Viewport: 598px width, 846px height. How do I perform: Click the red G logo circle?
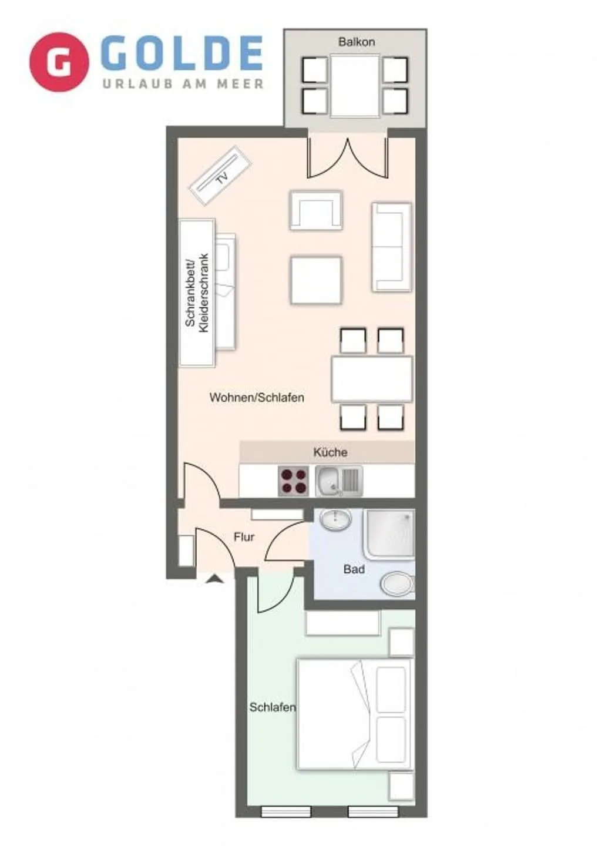[x=59, y=62]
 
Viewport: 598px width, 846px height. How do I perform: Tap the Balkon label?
[x=356, y=42]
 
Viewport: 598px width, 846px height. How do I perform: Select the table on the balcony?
[x=355, y=86]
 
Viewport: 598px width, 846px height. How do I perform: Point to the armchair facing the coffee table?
[x=316, y=210]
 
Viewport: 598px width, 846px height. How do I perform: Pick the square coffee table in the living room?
[x=316, y=280]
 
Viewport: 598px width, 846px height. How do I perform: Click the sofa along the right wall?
[x=391, y=247]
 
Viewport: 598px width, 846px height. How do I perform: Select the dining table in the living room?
[x=371, y=378]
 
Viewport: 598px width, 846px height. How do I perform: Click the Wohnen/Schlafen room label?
[x=257, y=398]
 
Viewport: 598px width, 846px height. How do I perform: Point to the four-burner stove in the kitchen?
[x=293, y=481]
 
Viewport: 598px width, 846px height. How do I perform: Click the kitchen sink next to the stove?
[x=338, y=481]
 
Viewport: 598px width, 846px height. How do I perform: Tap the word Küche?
[x=330, y=452]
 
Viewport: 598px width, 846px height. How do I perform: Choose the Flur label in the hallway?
[x=244, y=537]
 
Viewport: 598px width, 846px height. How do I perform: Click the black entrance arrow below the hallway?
[x=215, y=579]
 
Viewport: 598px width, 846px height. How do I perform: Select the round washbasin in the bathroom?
[x=335, y=519]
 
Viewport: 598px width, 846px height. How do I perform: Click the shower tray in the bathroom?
[x=389, y=533]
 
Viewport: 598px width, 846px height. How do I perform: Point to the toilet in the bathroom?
[x=397, y=584]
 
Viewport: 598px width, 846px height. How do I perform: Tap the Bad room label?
[x=354, y=569]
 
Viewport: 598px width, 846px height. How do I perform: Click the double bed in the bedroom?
[x=354, y=714]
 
